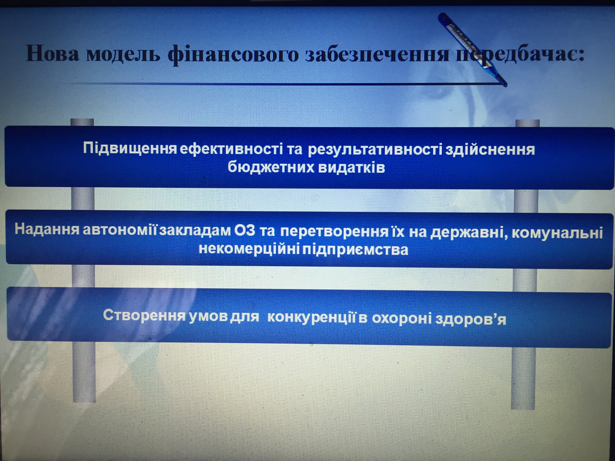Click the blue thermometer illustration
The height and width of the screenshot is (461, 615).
coord(472,50)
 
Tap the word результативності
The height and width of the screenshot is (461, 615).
coord(375,149)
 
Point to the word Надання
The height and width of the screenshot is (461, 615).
coord(47,230)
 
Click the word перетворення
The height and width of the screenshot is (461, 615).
coord(334,231)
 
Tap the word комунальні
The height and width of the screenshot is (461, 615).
coord(557,233)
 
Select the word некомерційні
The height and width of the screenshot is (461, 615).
coord(249,249)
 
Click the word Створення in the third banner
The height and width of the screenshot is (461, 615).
coord(144,315)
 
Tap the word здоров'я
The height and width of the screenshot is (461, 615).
coord(471,319)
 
